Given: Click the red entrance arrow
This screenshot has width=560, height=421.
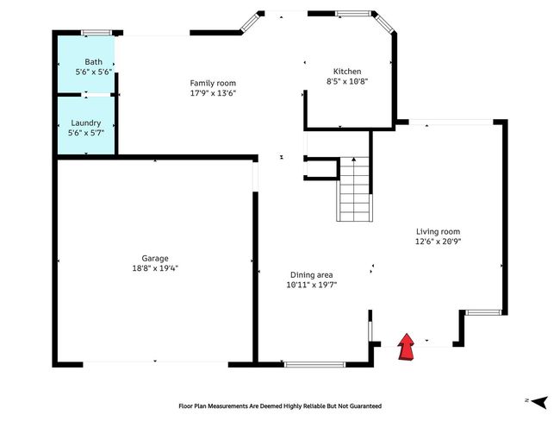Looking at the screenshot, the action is [x=406, y=347].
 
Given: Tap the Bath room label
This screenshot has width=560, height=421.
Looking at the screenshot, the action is [x=94, y=62].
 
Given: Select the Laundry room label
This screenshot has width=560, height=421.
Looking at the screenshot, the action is [x=85, y=123].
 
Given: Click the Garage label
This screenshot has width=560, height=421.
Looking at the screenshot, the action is [x=155, y=258].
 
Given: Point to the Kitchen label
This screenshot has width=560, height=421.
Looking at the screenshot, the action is [x=347, y=72].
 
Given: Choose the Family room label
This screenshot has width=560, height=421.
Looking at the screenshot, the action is [x=213, y=84].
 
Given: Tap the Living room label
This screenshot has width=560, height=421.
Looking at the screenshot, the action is [x=439, y=231].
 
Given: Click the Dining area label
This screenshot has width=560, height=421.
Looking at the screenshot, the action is [x=311, y=274].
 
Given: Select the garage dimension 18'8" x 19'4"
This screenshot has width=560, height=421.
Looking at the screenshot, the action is [x=155, y=268].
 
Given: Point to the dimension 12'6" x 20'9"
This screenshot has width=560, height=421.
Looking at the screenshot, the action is [x=439, y=242].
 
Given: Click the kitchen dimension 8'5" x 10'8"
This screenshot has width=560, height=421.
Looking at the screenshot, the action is [x=347, y=81].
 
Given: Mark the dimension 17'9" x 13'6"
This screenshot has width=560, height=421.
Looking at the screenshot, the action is [x=213, y=93].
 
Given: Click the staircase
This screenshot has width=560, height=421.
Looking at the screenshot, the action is [x=354, y=189].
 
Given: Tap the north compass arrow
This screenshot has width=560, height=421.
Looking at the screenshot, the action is [x=539, y=402].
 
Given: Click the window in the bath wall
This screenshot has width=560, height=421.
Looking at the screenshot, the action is [x=96, y=33].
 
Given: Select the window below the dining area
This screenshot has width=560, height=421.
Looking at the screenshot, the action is [x=314, y=364].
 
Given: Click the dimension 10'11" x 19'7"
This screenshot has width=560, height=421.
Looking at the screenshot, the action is [x=312, y=285].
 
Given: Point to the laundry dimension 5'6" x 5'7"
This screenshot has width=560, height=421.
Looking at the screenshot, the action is [x=86, y=133].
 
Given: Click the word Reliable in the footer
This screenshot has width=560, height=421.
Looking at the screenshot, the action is [x=314, y=406].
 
